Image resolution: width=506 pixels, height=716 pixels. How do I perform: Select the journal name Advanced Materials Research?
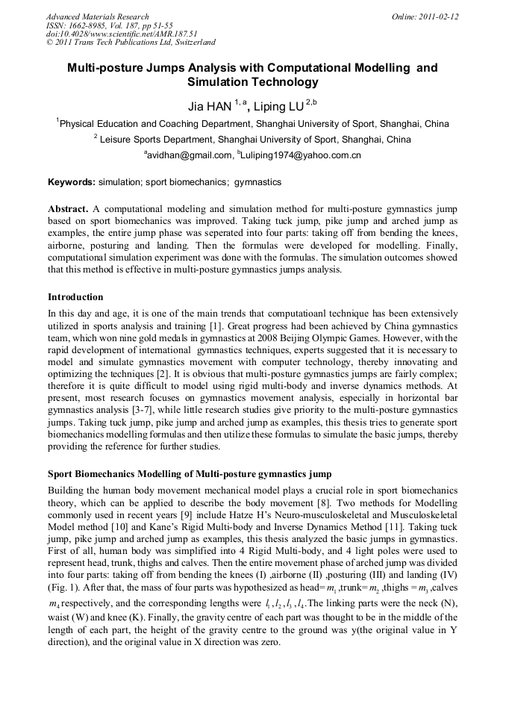pos(97,16)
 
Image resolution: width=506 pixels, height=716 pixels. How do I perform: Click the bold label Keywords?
pos(72,181)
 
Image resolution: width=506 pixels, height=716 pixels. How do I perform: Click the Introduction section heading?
pos(75,297)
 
